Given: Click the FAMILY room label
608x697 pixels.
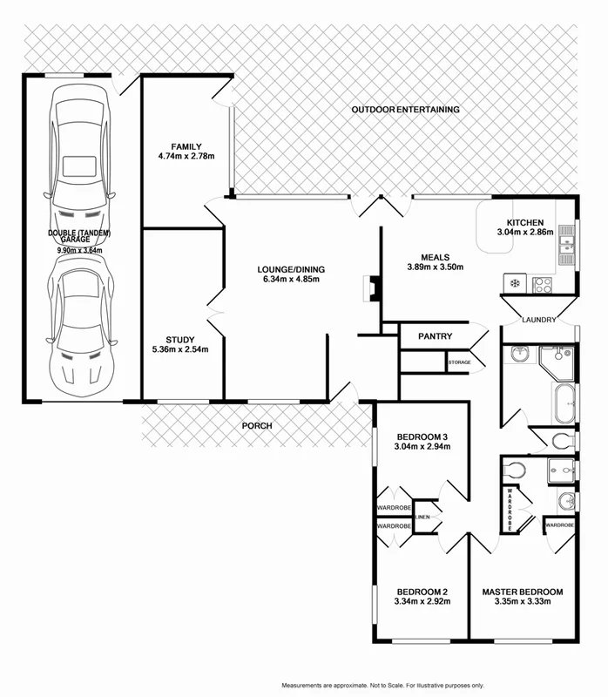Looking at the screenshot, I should point(186,146).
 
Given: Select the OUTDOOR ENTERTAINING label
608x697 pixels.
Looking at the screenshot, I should point(405,110).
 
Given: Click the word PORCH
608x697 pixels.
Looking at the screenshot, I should point(258,426).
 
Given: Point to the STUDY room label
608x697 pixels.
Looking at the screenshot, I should point(180,340).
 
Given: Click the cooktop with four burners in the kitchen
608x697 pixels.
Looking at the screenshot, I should point(543,283).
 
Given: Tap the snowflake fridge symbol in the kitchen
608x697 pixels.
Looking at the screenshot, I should point(514,283).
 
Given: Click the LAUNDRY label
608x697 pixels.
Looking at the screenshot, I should point(538,320).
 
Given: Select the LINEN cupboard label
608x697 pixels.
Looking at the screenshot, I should point(422,518).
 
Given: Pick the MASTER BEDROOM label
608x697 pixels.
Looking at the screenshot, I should point(523,592).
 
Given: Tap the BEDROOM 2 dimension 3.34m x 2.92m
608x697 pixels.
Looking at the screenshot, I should point(422,601).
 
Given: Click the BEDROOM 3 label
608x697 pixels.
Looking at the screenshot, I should point(422,436).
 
